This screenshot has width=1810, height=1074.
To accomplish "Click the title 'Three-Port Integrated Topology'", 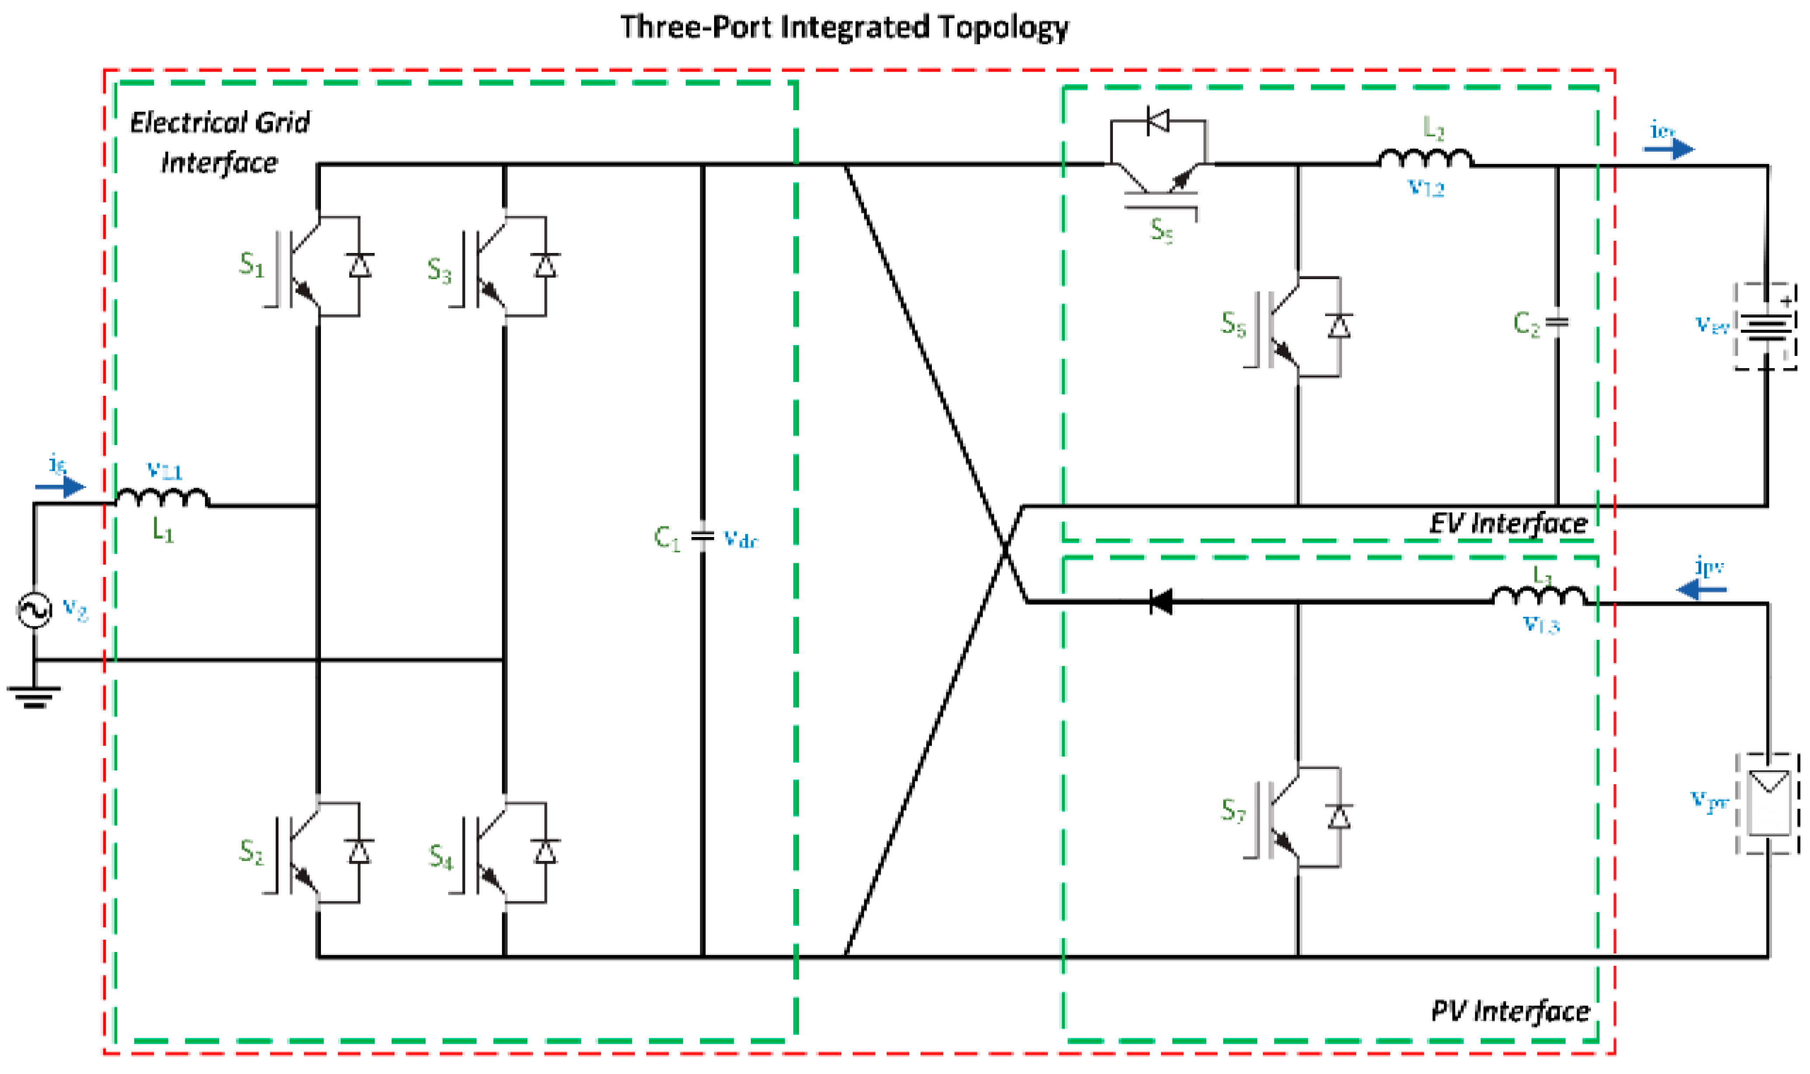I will pos(844,28).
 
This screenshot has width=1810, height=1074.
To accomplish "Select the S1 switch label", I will pos(251,265).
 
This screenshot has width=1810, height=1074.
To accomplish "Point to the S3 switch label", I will pos(439,270).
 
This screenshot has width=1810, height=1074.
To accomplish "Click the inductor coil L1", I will pos(162,498).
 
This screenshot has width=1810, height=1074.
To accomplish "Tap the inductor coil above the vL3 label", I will pos(1538,596).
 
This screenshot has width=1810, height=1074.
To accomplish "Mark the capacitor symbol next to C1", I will pos(702,536).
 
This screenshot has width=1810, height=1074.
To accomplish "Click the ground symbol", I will pos(34,696).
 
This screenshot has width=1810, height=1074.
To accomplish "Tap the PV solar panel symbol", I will pos(1767,803).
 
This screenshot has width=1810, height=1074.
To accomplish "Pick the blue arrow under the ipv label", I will pos(1701,590).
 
